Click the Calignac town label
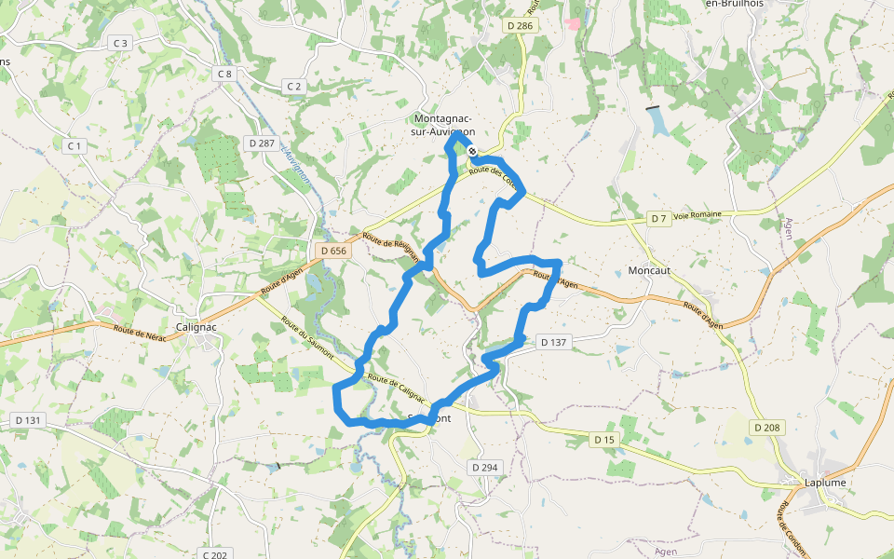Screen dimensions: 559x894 coord(197,327)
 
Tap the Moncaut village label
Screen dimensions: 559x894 coord(649,270)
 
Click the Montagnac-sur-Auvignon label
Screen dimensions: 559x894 coord(442,126)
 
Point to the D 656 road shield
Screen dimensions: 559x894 coord(332,251)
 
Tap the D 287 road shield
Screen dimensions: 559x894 coord(262,143)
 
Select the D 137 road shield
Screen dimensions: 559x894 coord(554,342)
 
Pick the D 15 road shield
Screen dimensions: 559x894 coord(604,439)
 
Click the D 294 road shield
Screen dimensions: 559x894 coord(484,467)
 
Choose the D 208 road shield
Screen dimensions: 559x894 coord(766,427)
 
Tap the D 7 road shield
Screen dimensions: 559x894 coord(658,218)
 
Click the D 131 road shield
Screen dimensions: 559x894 coord(29,420)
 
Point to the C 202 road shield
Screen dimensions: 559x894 coord(213,554)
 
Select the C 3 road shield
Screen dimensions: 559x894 coord(120,43)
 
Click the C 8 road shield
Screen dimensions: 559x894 coord(223,74)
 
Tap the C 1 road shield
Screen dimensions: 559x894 coord(74,146)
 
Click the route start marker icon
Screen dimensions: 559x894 coord(473,151)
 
